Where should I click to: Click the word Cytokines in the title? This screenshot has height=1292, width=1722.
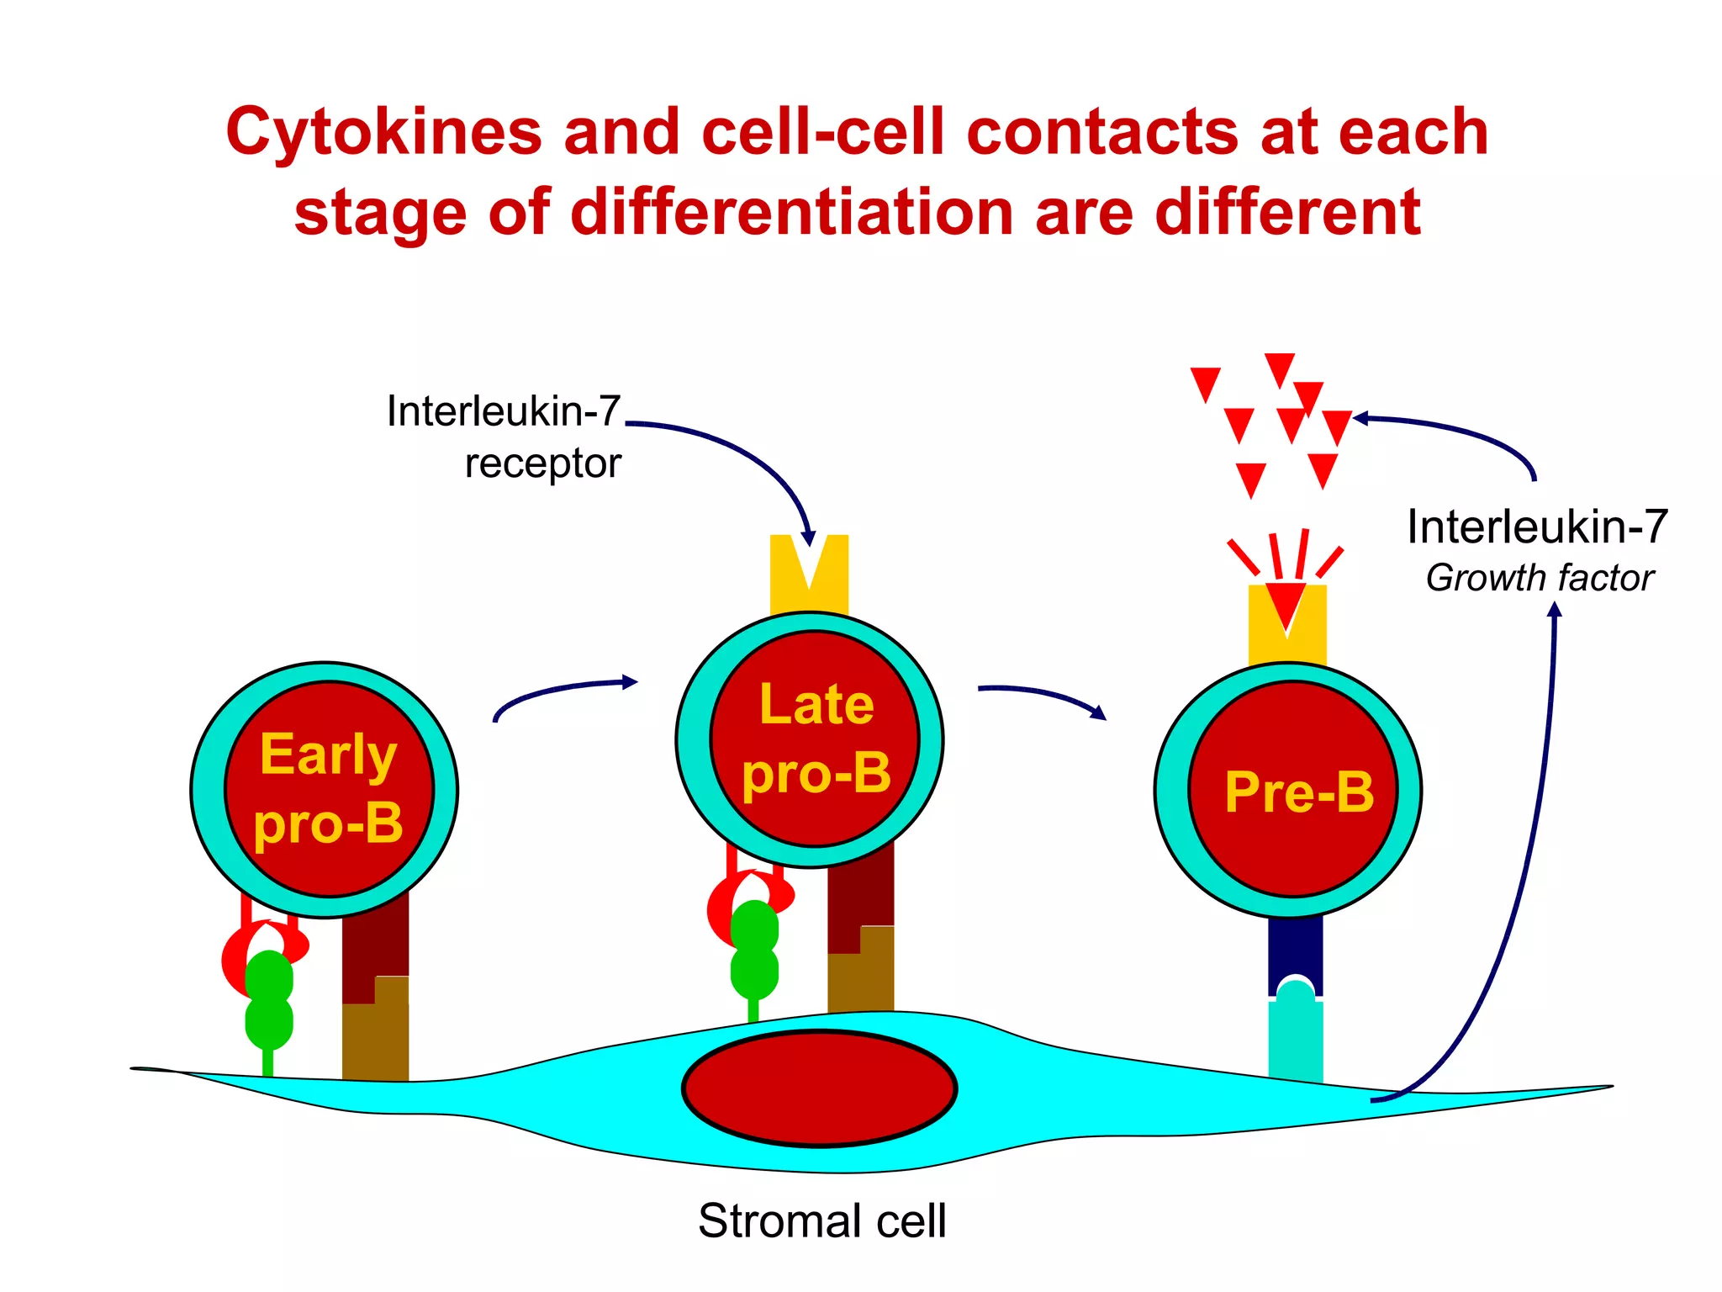coord(383,133)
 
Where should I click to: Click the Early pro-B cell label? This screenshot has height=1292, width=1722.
coord(329,788)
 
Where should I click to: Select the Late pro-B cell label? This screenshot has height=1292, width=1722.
coord(816,739)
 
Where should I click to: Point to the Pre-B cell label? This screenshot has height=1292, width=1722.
coord(1298,792)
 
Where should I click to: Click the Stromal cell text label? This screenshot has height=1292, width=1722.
coord(821,1221)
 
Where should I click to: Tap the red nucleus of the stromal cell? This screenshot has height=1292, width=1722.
coord(820,1088)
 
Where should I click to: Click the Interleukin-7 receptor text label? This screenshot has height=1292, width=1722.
coord(504,437)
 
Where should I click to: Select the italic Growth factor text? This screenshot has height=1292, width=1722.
coord(1539,578)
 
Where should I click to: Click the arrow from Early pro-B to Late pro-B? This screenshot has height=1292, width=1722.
coord(563,691)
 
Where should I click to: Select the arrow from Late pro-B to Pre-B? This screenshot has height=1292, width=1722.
coord(1043,695)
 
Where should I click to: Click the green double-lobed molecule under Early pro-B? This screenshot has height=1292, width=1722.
coord(269,1001)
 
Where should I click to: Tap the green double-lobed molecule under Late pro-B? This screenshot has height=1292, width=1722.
coord(754,950)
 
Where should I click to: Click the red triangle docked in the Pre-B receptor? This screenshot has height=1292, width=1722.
coord(1286,601)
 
